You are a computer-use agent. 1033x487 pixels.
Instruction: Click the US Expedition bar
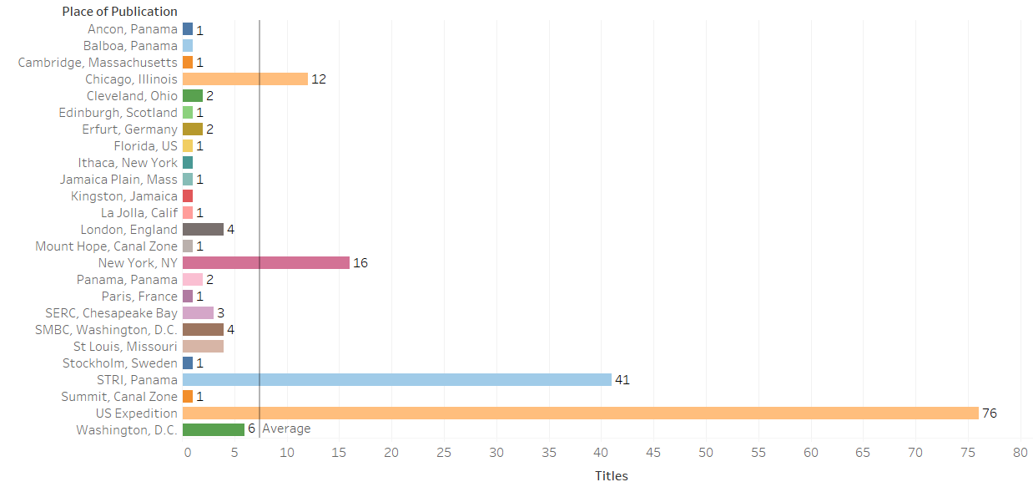(x=580, y=413)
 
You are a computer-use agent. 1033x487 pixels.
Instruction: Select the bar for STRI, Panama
(x=396, y=379)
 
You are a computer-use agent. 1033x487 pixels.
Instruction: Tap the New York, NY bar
(x=265, y=262)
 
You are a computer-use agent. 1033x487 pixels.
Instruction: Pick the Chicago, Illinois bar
(x=244, y=79)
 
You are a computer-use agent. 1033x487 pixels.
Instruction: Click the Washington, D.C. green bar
(x=213, y=429)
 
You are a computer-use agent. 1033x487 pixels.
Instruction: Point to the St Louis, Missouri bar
(x=203, y=346)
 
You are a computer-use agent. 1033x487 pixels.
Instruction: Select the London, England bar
(x=203, y=229)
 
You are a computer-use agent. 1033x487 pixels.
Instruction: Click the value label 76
(x=989, y=413)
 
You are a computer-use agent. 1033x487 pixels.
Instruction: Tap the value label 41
(x=622, y=379)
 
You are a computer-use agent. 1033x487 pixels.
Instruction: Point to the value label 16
(x=360, y=262)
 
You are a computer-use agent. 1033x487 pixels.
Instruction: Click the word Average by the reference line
(x=286, y=429)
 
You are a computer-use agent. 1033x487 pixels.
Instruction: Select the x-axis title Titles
(x=611, y=476)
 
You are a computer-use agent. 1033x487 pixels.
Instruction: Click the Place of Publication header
(x=119, y=12)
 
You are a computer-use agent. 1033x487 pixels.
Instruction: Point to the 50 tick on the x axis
(x=706, y=452)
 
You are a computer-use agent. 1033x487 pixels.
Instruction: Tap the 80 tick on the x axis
(x=1020, y=452)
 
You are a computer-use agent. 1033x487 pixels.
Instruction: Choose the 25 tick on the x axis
(x=444, y=452)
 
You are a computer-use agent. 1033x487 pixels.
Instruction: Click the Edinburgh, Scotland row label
(x=118, y=112)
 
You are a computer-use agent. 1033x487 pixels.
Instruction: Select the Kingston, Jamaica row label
(x=124, y=195)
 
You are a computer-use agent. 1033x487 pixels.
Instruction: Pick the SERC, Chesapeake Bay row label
(x=111, y=312)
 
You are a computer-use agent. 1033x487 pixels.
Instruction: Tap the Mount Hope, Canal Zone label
(x=106, y=246)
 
